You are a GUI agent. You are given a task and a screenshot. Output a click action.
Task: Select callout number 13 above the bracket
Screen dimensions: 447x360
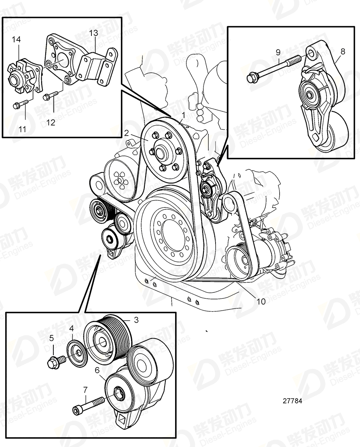point(93,33)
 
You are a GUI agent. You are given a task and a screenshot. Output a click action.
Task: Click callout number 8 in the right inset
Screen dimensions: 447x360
point(342,51)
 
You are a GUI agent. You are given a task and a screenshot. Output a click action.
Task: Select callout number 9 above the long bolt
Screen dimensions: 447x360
point(278,52)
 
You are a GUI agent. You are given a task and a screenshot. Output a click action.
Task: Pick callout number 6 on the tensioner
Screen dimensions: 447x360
point(97,370)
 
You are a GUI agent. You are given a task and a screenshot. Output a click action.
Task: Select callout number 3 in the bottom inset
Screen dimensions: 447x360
point(136,320)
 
